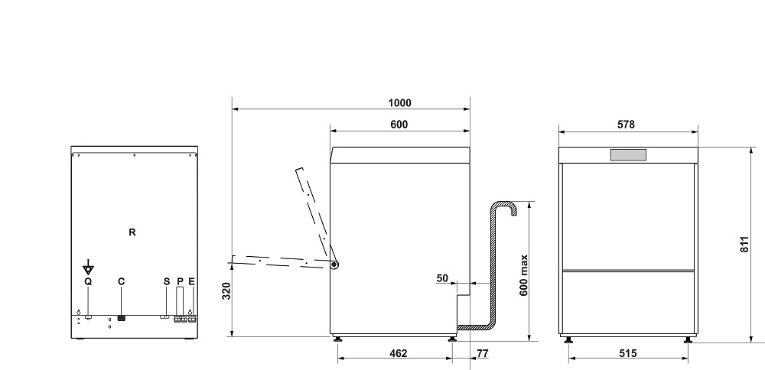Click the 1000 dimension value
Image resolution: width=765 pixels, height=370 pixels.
399,103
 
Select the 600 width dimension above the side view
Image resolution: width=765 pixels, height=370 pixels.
399,125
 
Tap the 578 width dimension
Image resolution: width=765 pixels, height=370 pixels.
626,125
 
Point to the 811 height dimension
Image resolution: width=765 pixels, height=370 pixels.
744,244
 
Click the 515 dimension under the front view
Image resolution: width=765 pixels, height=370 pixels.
628,353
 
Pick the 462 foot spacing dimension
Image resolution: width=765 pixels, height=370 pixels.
399,353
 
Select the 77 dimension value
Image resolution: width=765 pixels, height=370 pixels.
483,353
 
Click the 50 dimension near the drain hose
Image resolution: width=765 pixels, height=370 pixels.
442,278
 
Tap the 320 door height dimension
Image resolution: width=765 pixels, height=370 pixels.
226,291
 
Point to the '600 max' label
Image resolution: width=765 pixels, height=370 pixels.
524,276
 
